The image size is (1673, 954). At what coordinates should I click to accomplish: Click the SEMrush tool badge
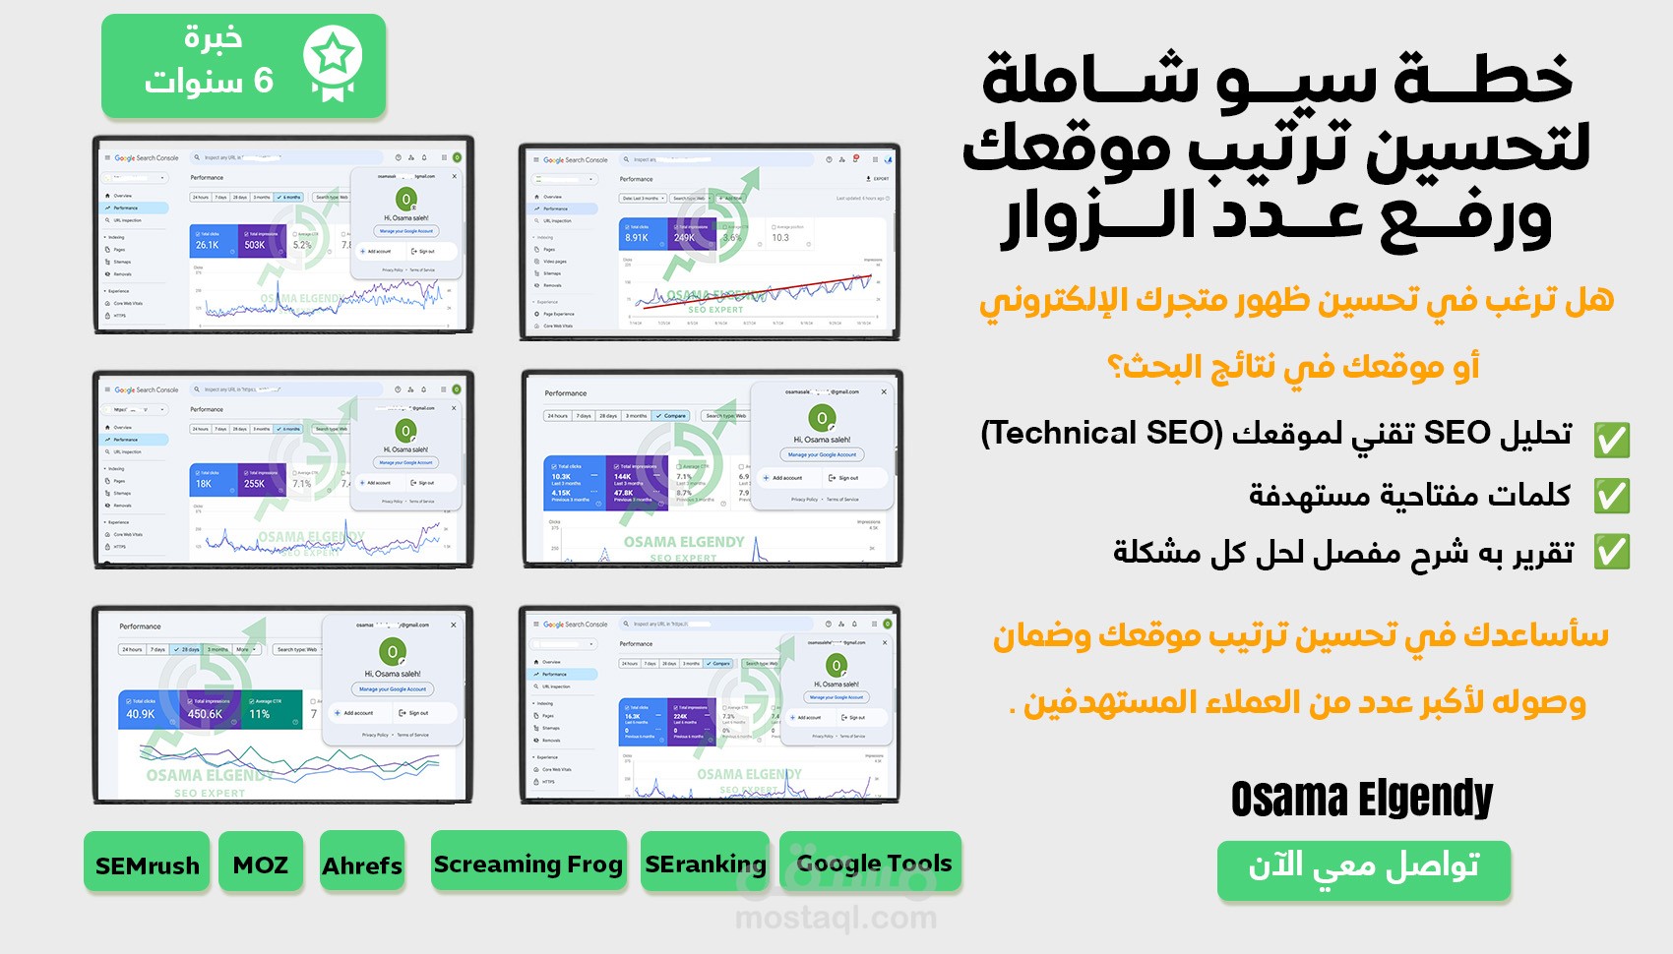tap(147, 865)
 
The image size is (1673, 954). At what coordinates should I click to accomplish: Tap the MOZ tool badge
tap(261, 865)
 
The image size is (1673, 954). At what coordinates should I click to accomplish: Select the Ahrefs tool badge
tap(362, 865)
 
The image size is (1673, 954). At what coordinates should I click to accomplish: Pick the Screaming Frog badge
tap(528, 864)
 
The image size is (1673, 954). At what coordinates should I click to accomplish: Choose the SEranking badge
tap(705, 864)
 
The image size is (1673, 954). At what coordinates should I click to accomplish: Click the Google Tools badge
tap(873, 863)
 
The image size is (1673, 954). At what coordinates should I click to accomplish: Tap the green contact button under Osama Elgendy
tap(1363, 868)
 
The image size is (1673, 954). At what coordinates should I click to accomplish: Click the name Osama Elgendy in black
tap(1361, 798)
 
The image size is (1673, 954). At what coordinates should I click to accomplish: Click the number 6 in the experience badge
tap(263, 81)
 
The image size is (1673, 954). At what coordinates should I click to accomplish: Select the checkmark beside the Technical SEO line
tap(1611, 439)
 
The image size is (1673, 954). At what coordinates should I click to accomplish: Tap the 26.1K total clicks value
tap(208, 245)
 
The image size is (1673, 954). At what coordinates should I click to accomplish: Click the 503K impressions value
tap(255, 245)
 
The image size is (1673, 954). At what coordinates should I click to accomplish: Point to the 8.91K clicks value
tap(637, 238)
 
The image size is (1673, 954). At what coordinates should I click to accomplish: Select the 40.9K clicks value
tap(141, 714)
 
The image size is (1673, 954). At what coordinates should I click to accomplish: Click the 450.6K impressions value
tap(205, 714)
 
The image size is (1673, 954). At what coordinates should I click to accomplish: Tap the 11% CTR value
tap(260, 714)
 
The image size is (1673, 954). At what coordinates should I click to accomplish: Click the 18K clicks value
tap(204, 484)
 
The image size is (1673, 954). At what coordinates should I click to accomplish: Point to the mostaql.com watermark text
tap(836, 919)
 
